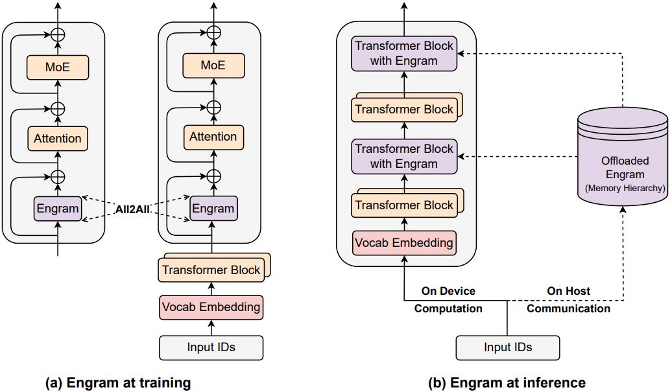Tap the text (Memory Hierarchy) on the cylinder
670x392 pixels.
coord(622,189)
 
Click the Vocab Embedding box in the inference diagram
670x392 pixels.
coord(403,243)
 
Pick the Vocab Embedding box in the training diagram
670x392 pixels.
coord(211,306)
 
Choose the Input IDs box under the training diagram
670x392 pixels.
coord(211,347)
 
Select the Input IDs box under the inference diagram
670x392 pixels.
coord(507,347)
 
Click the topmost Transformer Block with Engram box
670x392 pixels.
coord(403,53)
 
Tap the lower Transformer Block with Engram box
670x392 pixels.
coord(403,156)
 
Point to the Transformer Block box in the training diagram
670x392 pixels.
coord(211,270)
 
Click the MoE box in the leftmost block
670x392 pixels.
coord(58,67)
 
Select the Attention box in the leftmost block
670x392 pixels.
coord(58,138)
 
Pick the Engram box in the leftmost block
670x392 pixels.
coord(58,209)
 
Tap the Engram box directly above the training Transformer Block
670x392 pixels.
coord(213,209)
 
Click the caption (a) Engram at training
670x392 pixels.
coord(118,382)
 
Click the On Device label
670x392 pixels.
coord(448,292)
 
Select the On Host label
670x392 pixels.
coord(568,292)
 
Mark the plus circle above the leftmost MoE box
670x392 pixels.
coord(58,34)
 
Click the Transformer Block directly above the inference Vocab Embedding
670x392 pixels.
coord(403,205)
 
